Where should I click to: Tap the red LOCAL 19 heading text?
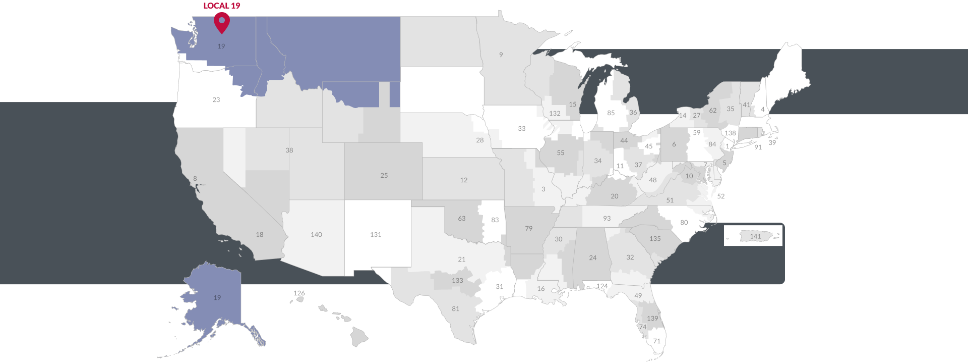(222, 6)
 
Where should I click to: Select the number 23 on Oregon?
(216, 100)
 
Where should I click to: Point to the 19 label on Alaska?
(217, 298)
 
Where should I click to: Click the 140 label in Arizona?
(316, 235)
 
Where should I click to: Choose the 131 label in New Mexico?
(376, 235)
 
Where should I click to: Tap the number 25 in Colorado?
(384, 176)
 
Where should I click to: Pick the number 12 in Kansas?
(464, 180)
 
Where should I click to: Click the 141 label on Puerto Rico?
(755, 236)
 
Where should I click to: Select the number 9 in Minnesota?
(501, 55)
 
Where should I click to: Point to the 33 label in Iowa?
(522, 129)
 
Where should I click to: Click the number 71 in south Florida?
(657, 341)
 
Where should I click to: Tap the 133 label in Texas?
(457, 281)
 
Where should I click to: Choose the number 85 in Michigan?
(611, 113)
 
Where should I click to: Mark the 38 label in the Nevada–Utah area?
(289, 150)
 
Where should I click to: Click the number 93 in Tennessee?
(607, 219)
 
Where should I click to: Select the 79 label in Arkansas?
(529, 229)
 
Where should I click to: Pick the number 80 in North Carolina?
(684, 223)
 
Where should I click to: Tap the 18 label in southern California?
(260, 235)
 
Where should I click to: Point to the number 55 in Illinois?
(561, 153)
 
